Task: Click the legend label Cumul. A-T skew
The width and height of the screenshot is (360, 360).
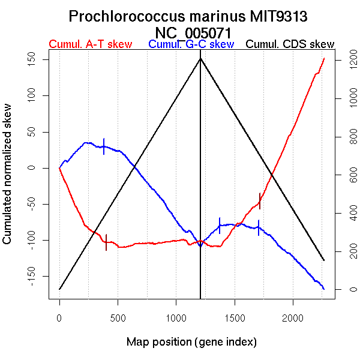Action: (x=90, y=44)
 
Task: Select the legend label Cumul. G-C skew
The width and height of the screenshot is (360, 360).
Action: (x=191, y=44)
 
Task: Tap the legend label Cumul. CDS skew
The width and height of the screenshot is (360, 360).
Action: (x=290, y=44)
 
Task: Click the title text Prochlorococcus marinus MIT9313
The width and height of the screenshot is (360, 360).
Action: (x=192, y=16)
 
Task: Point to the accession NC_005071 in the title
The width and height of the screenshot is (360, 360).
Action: (x=192, y=32)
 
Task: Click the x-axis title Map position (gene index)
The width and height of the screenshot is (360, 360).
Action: (x=191, y=342)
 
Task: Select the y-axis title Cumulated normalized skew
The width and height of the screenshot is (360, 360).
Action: (x=8, y=182)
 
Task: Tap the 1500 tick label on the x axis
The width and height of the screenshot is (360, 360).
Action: (x=235, y=317)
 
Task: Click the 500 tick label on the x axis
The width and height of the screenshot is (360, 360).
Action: (x=118, y=317)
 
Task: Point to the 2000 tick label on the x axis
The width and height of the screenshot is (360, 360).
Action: (x=293, y=317)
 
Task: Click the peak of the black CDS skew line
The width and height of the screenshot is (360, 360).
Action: (x=200, y=58)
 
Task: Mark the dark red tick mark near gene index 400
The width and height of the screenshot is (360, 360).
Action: (x=106, y=242)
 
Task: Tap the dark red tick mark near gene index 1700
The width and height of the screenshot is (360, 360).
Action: (x=260, y=200)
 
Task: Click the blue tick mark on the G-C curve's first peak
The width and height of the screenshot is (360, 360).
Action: (x=104, y=146)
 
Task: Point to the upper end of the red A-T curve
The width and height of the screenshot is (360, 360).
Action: (x=324, y=58)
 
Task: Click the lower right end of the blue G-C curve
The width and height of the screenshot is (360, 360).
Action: (x=324, y=289)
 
